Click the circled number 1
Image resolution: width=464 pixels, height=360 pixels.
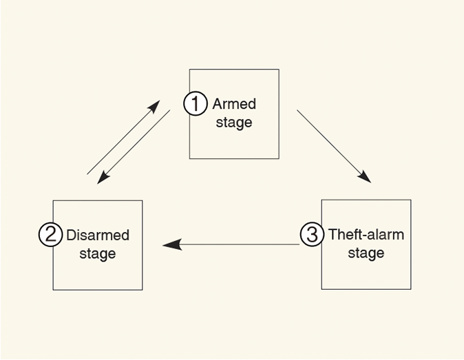tap(196, 104)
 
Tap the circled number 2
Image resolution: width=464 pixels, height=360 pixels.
tap(50, 235)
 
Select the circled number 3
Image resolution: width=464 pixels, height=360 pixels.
tap(312, 235)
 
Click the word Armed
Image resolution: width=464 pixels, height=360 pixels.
tap(234, 104)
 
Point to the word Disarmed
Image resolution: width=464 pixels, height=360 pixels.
tap(98, 235)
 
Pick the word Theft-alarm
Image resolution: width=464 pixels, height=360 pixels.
tap(366, 235)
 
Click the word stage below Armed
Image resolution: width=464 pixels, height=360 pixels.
tap(234, 123)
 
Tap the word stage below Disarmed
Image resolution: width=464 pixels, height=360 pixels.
tap(98, 254)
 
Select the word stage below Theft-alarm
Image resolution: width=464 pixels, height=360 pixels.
tap(366, 254)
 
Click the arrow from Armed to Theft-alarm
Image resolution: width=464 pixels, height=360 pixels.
tap(334, 146)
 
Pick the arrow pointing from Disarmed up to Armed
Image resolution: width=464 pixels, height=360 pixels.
tap(123, 138)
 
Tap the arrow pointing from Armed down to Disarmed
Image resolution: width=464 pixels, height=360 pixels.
tap(135, 146)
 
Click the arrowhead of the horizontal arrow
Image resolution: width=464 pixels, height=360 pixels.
tap(171, 244)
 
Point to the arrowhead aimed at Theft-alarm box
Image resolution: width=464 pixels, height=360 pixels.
tap(365, 177)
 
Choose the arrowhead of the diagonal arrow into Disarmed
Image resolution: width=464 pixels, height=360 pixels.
tap(103, 178)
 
